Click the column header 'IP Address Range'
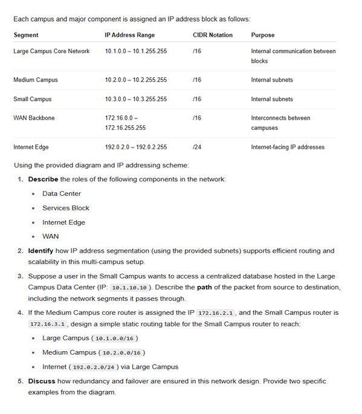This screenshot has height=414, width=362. tap(129, 35)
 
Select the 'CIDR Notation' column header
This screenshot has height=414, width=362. tap(212, 35)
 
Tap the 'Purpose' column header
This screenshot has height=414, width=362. tap(262, 35)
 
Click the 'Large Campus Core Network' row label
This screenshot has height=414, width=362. tap(51, 51)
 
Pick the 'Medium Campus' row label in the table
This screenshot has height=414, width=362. tap(36, 80)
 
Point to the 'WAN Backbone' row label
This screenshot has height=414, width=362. tap(34, 118)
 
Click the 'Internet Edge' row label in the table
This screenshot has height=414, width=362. tap(31, 147)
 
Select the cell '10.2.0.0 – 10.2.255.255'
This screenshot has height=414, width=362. tap(136, 80)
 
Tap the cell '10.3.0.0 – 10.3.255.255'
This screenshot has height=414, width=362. tap(136, 99)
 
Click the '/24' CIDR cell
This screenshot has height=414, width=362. tap(197, 147)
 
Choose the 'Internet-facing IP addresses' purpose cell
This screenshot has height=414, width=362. tap(288, 147)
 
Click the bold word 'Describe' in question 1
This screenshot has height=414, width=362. tap(43, 180)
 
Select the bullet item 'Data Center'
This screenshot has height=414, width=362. tap(62, 193)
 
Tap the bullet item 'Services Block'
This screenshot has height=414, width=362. tap(66, 208)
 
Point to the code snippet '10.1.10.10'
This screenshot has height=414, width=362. tap(128, 288)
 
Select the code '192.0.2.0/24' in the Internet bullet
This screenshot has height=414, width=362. tap(94, 367)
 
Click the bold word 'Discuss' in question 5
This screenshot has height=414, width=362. tap(42, 381)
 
